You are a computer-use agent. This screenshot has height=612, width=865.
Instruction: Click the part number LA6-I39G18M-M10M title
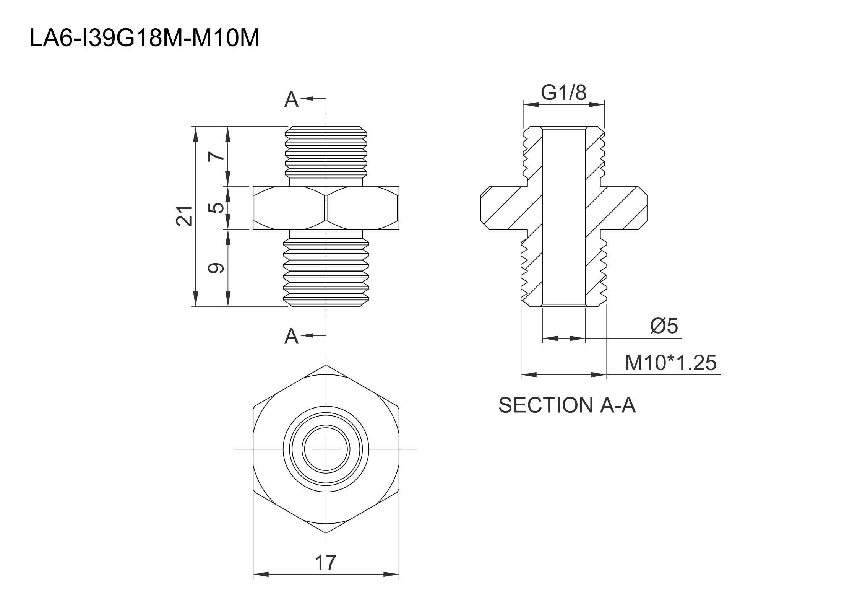coord(144,39)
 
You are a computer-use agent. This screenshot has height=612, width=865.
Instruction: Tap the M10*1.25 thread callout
coord(670,363)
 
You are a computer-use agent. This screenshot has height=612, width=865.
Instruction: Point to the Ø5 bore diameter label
coord(664,326)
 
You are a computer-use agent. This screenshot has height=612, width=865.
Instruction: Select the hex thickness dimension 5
coord(217,208)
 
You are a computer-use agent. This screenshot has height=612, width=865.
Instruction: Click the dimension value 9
coord(216,268)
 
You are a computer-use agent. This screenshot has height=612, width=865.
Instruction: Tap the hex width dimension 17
coord(325,563)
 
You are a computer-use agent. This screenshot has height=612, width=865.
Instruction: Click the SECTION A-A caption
coord(567,405)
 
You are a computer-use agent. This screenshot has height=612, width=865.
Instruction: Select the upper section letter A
coord(291,100)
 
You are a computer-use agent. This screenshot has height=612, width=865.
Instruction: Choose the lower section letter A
coord(291,337)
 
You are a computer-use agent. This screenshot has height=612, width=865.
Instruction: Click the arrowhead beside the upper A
coord(307,99)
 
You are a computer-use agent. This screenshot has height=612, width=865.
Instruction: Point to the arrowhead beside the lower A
coord(307,336)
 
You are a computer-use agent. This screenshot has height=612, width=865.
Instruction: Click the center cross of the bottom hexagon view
coord(326,449)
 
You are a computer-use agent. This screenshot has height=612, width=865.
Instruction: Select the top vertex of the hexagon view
coord(326,365)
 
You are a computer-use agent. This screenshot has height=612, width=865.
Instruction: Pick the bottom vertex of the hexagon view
coord(326,532)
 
